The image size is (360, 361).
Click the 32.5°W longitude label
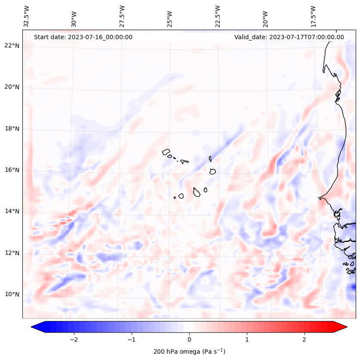27,16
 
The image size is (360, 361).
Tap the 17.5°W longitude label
313,16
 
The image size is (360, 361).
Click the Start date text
83,37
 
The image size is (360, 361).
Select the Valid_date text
289,37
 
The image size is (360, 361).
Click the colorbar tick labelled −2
74,339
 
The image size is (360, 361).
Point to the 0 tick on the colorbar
189,339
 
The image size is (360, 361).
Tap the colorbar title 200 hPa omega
189,352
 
